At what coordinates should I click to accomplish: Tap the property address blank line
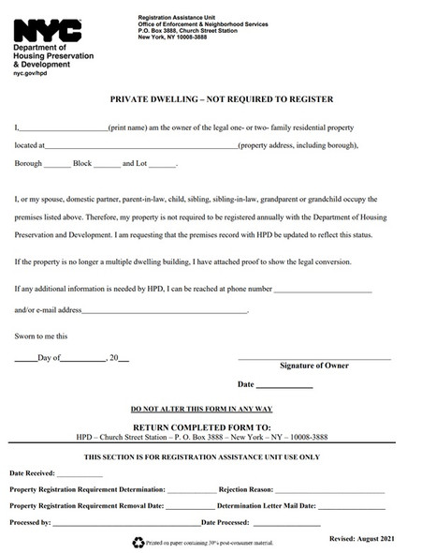point(140,146)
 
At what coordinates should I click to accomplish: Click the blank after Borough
point(57,165)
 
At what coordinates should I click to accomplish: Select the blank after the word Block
point(108,165)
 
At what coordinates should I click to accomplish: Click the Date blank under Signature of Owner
point(284,385)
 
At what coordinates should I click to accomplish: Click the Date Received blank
point(80,475)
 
